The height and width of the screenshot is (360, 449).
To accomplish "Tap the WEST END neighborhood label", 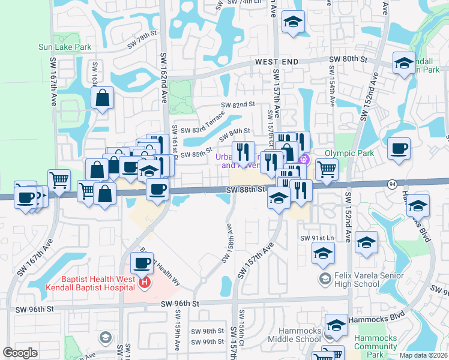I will click(x=277, y=62).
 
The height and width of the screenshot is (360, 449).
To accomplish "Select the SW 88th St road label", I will click(x=246, y=189).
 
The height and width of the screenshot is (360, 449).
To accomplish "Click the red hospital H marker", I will click(x=144, y=283).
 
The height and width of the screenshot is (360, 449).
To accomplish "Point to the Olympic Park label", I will click(x=349, y=153).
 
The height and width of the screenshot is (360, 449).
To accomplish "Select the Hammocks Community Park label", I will click(x=375, y=346).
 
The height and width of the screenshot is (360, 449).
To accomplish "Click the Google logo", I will click(x=20, y=353).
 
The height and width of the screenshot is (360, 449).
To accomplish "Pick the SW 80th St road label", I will click(x=348, y=59).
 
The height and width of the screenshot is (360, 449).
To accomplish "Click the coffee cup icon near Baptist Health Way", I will click(x=142, y=263).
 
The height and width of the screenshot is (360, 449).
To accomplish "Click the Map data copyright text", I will click(x=423, y=355).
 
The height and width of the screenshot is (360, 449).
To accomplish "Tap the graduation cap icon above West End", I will click(x=293, y=23).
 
